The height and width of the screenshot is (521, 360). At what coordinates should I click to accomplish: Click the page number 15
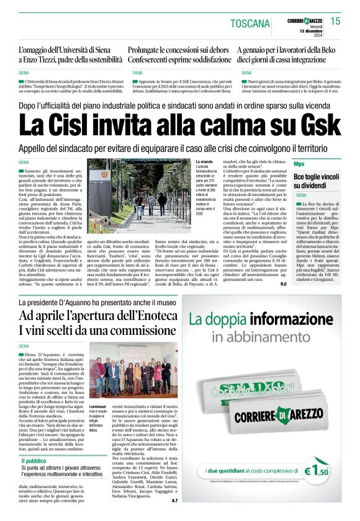336,21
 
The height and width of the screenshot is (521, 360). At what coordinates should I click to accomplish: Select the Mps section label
299,164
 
